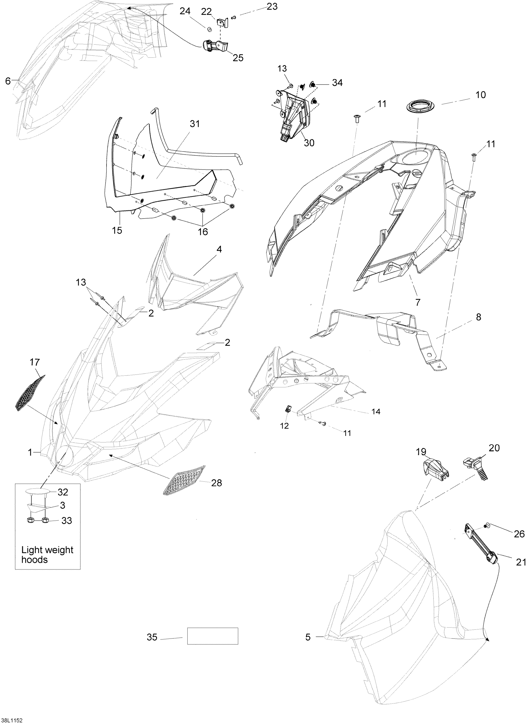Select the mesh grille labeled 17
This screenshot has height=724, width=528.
(30, 392)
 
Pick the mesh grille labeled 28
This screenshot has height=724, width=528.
(184, 480)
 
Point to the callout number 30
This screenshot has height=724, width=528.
(309, 143)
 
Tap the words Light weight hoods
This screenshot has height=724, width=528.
(47, 554)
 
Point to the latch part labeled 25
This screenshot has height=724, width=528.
(214, 46)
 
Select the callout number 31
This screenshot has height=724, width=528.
(195, 124)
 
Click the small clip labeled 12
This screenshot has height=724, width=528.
(287, 409)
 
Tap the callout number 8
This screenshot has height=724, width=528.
(478, 317)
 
